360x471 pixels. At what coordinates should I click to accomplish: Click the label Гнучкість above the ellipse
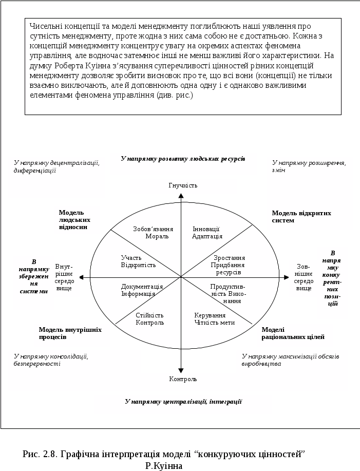pos(183,185)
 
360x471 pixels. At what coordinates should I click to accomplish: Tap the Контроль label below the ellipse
pos(183,379)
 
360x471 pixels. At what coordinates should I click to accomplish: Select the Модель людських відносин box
pos(77,220)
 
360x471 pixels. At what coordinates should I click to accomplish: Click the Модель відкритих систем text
pos(301,216)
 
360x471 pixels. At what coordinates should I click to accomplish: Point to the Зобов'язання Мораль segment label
pos(153,233)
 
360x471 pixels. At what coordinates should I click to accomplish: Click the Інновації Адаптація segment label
pos(206,233)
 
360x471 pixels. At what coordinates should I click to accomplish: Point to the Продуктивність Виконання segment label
pos(228,293)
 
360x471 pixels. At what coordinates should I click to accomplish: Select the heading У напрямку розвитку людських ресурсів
pos(182,159)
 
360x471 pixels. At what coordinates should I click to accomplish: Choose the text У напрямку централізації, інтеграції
pos(183,401)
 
